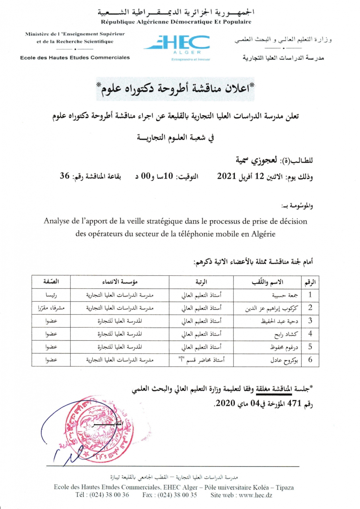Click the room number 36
click(65, 176)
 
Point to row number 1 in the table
click(310, 295)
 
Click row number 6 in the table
click(310, 360)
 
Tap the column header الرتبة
click(201, 282)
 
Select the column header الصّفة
click(51, 282)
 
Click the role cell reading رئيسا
click(51, 295)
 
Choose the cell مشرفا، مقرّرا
click(51, 308)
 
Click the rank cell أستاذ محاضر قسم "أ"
click(201, 360)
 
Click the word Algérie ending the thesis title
click(263, 234)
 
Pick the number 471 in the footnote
click(294, 403)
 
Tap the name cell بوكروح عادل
click(284, 360)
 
